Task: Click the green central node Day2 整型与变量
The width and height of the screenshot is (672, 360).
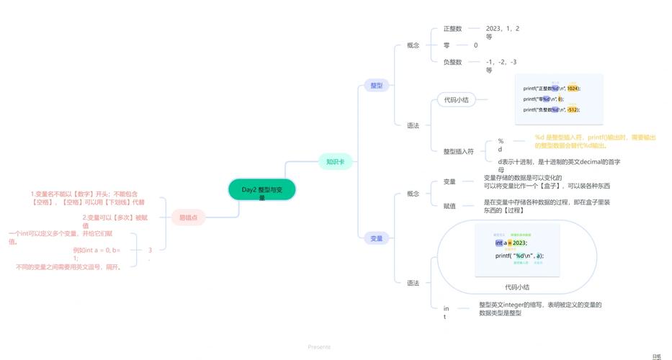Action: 262,190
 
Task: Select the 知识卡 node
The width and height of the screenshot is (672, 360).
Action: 336,162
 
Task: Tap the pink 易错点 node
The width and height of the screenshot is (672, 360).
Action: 189,217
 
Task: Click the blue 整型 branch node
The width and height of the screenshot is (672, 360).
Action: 376,85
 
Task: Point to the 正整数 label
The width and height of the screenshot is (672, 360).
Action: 452,29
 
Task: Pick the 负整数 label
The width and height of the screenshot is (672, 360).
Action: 452,62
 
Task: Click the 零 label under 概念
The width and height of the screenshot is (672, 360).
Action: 447,45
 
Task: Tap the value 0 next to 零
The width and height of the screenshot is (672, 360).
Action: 475,45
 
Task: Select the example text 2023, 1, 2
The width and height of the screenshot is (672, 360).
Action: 502,29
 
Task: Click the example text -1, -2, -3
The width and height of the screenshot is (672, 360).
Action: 501,62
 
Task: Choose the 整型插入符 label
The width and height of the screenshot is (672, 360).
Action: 458,151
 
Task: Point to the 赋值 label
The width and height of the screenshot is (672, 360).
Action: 449,206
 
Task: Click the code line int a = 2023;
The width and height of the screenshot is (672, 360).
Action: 511,243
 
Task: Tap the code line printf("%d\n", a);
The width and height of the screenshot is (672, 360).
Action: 519,256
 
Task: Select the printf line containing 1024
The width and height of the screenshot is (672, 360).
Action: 551,88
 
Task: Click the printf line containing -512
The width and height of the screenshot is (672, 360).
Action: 551,109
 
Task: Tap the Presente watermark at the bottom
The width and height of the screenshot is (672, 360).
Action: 319,346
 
